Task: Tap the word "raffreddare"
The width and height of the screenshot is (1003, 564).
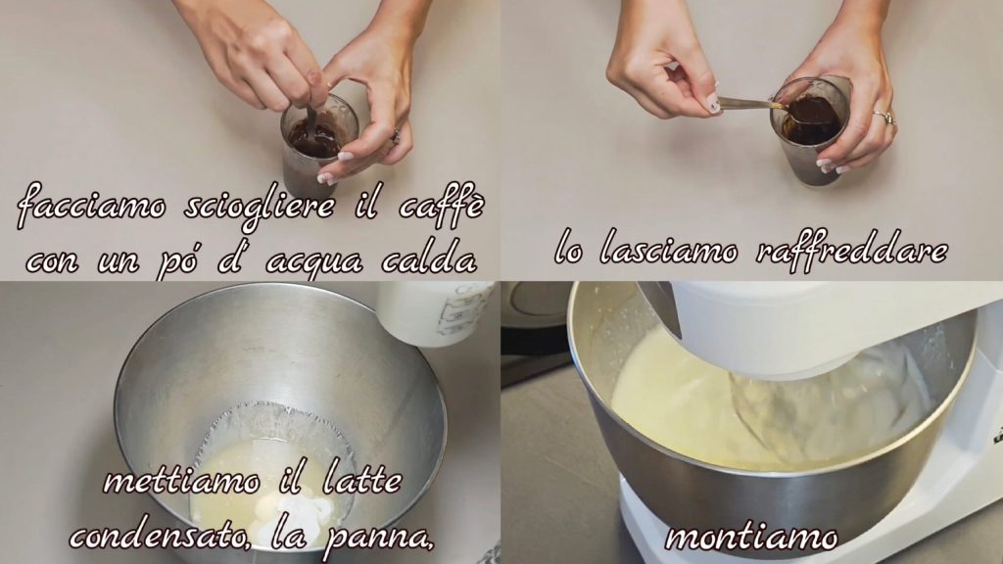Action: pyautogui.click(x=852, y=250)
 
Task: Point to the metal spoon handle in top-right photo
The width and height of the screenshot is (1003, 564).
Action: pyautogui.click(x=748, y=103)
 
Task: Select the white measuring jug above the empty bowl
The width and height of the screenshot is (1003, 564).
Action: pyautogui.click(x=434, y=312)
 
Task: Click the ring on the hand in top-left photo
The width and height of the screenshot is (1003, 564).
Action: pyautogui.click(x=396, y=135)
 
